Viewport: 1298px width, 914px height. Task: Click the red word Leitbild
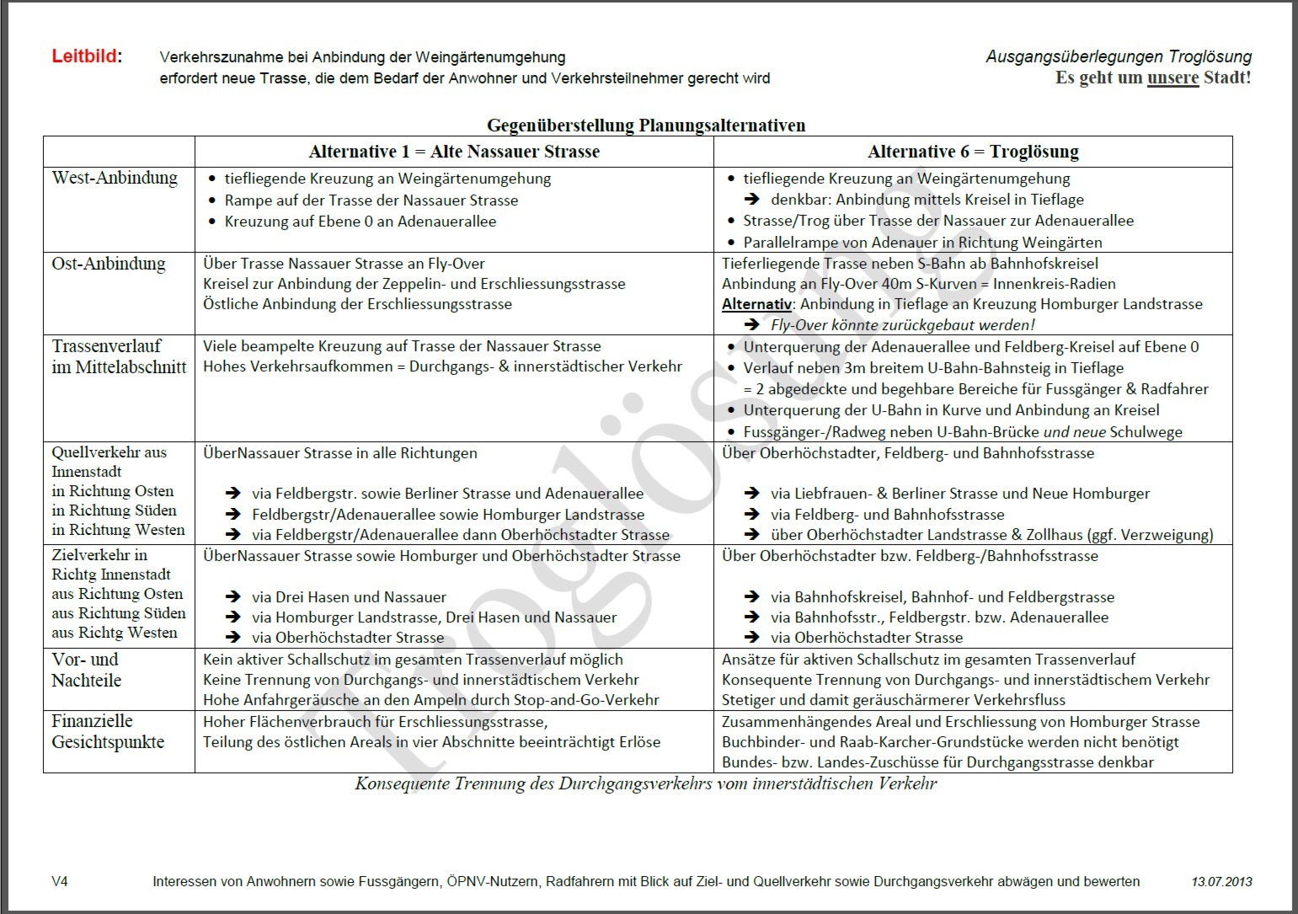[85, 57]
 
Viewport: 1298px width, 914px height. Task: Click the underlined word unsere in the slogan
[1172, 78]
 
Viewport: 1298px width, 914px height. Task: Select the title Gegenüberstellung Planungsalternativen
[646, 126]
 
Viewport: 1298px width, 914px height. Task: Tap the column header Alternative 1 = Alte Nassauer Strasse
[454, 152]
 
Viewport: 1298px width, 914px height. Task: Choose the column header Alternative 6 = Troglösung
[973, 152]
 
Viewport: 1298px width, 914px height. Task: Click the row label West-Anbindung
[115, 178]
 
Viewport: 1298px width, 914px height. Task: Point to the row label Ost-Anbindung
[108, 264]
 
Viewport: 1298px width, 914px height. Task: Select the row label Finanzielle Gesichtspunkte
[108, 731]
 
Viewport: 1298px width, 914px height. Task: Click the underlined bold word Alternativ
[756, 304]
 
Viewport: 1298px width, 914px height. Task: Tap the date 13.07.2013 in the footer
[1221, 882]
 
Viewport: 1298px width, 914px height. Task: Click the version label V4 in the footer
[60, 882]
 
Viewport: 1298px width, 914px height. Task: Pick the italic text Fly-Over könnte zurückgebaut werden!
[902, 325]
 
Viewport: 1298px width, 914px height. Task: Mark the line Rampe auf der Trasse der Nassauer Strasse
[371, 200]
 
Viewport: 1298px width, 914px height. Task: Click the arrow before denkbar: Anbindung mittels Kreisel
[751, 200]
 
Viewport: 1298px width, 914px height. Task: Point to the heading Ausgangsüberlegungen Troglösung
[1118, 57]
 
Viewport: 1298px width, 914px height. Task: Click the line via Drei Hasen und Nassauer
[349, 597]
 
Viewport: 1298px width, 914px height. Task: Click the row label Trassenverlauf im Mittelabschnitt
[119, 356]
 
